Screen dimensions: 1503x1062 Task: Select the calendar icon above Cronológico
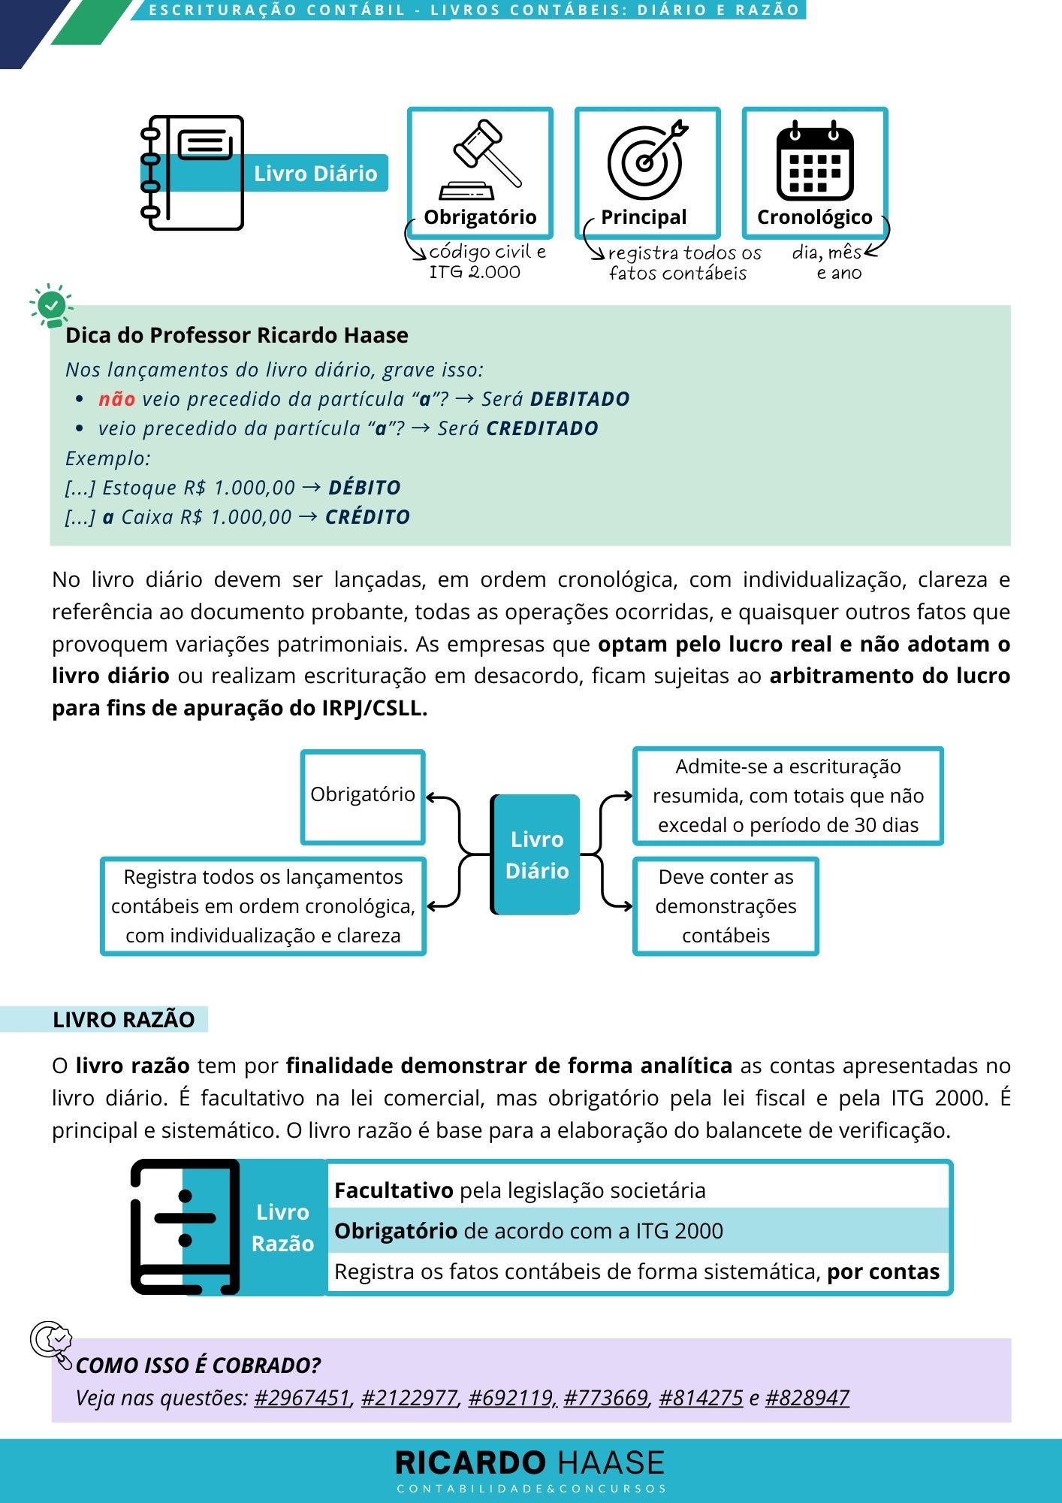point(814,161)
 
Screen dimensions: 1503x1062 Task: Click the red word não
point(116,399)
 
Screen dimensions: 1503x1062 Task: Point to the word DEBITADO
point(580,399)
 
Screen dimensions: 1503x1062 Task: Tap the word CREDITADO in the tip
point(542,428)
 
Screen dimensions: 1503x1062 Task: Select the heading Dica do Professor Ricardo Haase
point(237,335)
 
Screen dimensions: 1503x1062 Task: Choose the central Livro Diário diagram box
point(536,854)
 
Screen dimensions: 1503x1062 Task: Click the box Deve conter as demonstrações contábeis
point(726,906)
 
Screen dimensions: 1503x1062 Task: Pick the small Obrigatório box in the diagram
point(363,796)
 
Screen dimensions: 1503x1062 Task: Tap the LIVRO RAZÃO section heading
point(124,1020)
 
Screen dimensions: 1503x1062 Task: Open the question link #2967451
point(303,1398)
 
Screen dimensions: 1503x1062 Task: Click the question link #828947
point(807,1398)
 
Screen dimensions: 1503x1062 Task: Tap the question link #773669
point(605,1398)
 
